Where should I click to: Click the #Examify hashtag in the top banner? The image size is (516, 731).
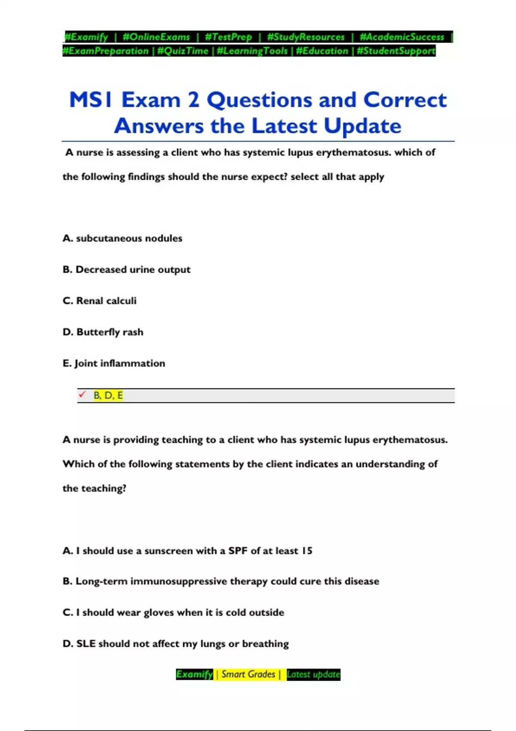pos(86,37)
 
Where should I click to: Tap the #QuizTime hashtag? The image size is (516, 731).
pos(183,51)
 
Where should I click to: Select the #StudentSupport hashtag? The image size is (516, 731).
pos(396,51)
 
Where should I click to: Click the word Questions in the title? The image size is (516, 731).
pos(260,100)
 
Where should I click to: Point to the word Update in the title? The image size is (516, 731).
pos(362,126)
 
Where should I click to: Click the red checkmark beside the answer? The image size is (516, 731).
pos(82,394)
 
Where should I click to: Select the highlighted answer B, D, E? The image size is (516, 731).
pos(108,396)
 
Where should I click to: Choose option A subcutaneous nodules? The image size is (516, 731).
pos(123,238)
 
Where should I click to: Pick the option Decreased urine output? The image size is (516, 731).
pos(126,270)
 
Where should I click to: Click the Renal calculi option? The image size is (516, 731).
pos(100,301)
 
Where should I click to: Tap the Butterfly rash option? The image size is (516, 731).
pos(103,332)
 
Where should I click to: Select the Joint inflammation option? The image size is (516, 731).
pos(114,363)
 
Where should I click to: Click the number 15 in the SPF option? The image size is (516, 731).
pos(307,551)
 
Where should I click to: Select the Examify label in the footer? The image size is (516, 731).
pos(194,674)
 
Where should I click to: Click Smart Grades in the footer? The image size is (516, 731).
pos(248,674)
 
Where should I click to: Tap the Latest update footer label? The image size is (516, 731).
pos(313,674)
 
